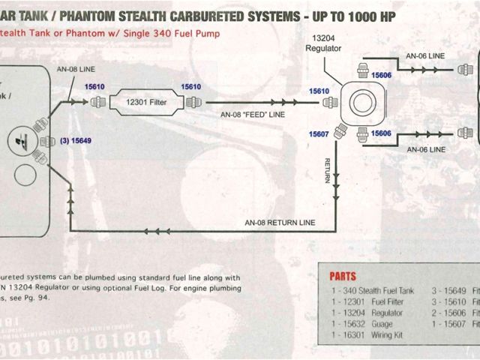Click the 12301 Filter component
pyautogui.click(x=148, y=103)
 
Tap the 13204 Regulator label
pyautogui.click(x=323, y=42)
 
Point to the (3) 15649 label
pyautogui.click(x=75, y=140)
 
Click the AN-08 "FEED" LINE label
pyautogui.click(x=253, y=115)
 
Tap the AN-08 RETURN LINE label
pyautogui.click(x=280, y=223)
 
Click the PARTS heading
pyautogui.click(x=343, y=276)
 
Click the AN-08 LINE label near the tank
pyautogui.click(x=76, y=69)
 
